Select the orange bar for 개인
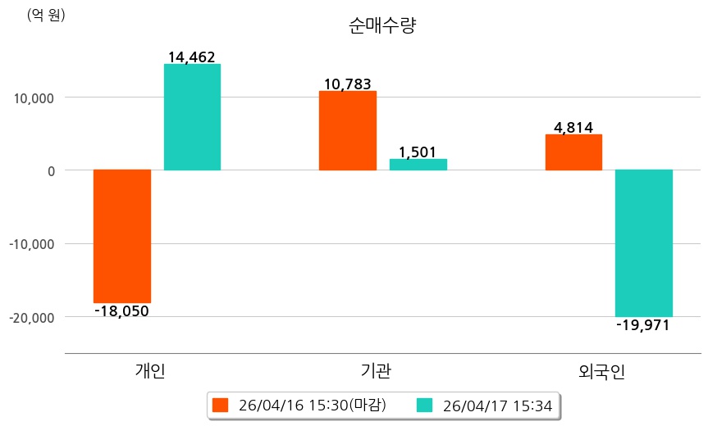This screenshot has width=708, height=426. tap(122, 236)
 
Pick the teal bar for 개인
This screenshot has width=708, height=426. tap(192, 117)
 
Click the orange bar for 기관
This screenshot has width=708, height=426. tap(348, 130)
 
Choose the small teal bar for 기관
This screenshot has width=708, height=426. tap(418, 164)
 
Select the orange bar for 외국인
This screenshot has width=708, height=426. tap(573, 152)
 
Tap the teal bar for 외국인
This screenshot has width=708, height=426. tap(644, 242)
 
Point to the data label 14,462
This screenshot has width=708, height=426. tap(191, 57)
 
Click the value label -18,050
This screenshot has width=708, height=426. tap(121, 311)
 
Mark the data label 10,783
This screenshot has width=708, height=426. tap(347, 84)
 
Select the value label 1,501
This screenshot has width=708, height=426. tap(418, 152)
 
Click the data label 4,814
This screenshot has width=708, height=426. tap(573, 128)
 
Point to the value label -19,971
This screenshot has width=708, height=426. tap(643, 325)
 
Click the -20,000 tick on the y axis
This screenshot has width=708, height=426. tap(31, 317)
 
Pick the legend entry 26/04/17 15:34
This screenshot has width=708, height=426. tap(485, 406)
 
